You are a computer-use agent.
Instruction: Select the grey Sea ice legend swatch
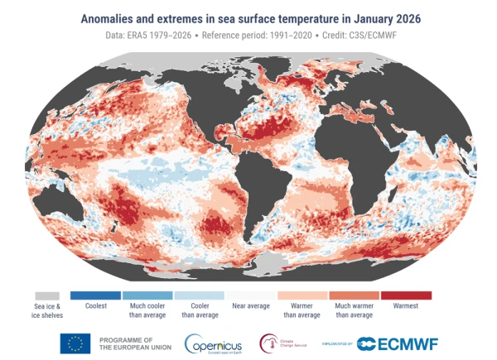click(46, 295)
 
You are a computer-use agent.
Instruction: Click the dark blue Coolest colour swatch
click(95, 295)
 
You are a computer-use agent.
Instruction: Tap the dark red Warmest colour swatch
click(406, 295)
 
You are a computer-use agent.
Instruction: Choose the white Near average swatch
click(250, 295)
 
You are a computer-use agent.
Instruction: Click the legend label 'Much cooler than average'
click(147, 310)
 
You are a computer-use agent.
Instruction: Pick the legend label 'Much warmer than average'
click(354, 310)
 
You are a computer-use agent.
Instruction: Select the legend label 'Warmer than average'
click(302, 310)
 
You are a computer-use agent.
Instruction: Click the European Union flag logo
click(75, 343)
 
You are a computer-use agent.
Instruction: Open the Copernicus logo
click(214, 343)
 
